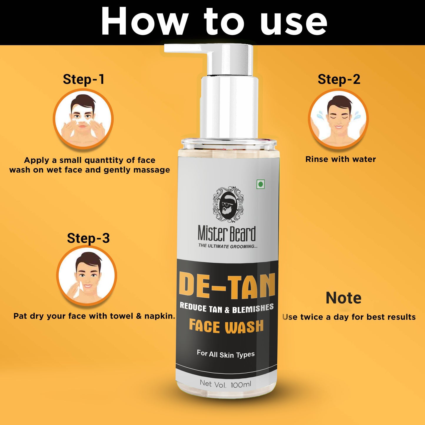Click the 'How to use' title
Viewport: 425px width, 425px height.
214,21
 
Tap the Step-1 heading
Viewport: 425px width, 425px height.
84,79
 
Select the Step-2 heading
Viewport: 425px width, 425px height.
339,79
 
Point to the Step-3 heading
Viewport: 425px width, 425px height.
88,238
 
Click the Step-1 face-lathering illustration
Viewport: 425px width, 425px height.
83,119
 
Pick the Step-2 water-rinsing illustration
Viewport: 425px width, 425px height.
338,119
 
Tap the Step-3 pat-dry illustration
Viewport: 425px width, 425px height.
87,276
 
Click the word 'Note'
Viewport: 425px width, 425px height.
344,298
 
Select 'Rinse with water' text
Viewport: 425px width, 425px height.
341,159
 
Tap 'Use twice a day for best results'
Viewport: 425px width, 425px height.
349,317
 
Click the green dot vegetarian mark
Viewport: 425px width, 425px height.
261,184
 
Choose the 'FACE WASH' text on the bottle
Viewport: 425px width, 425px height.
226,326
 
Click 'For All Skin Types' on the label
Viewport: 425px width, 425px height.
226,354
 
